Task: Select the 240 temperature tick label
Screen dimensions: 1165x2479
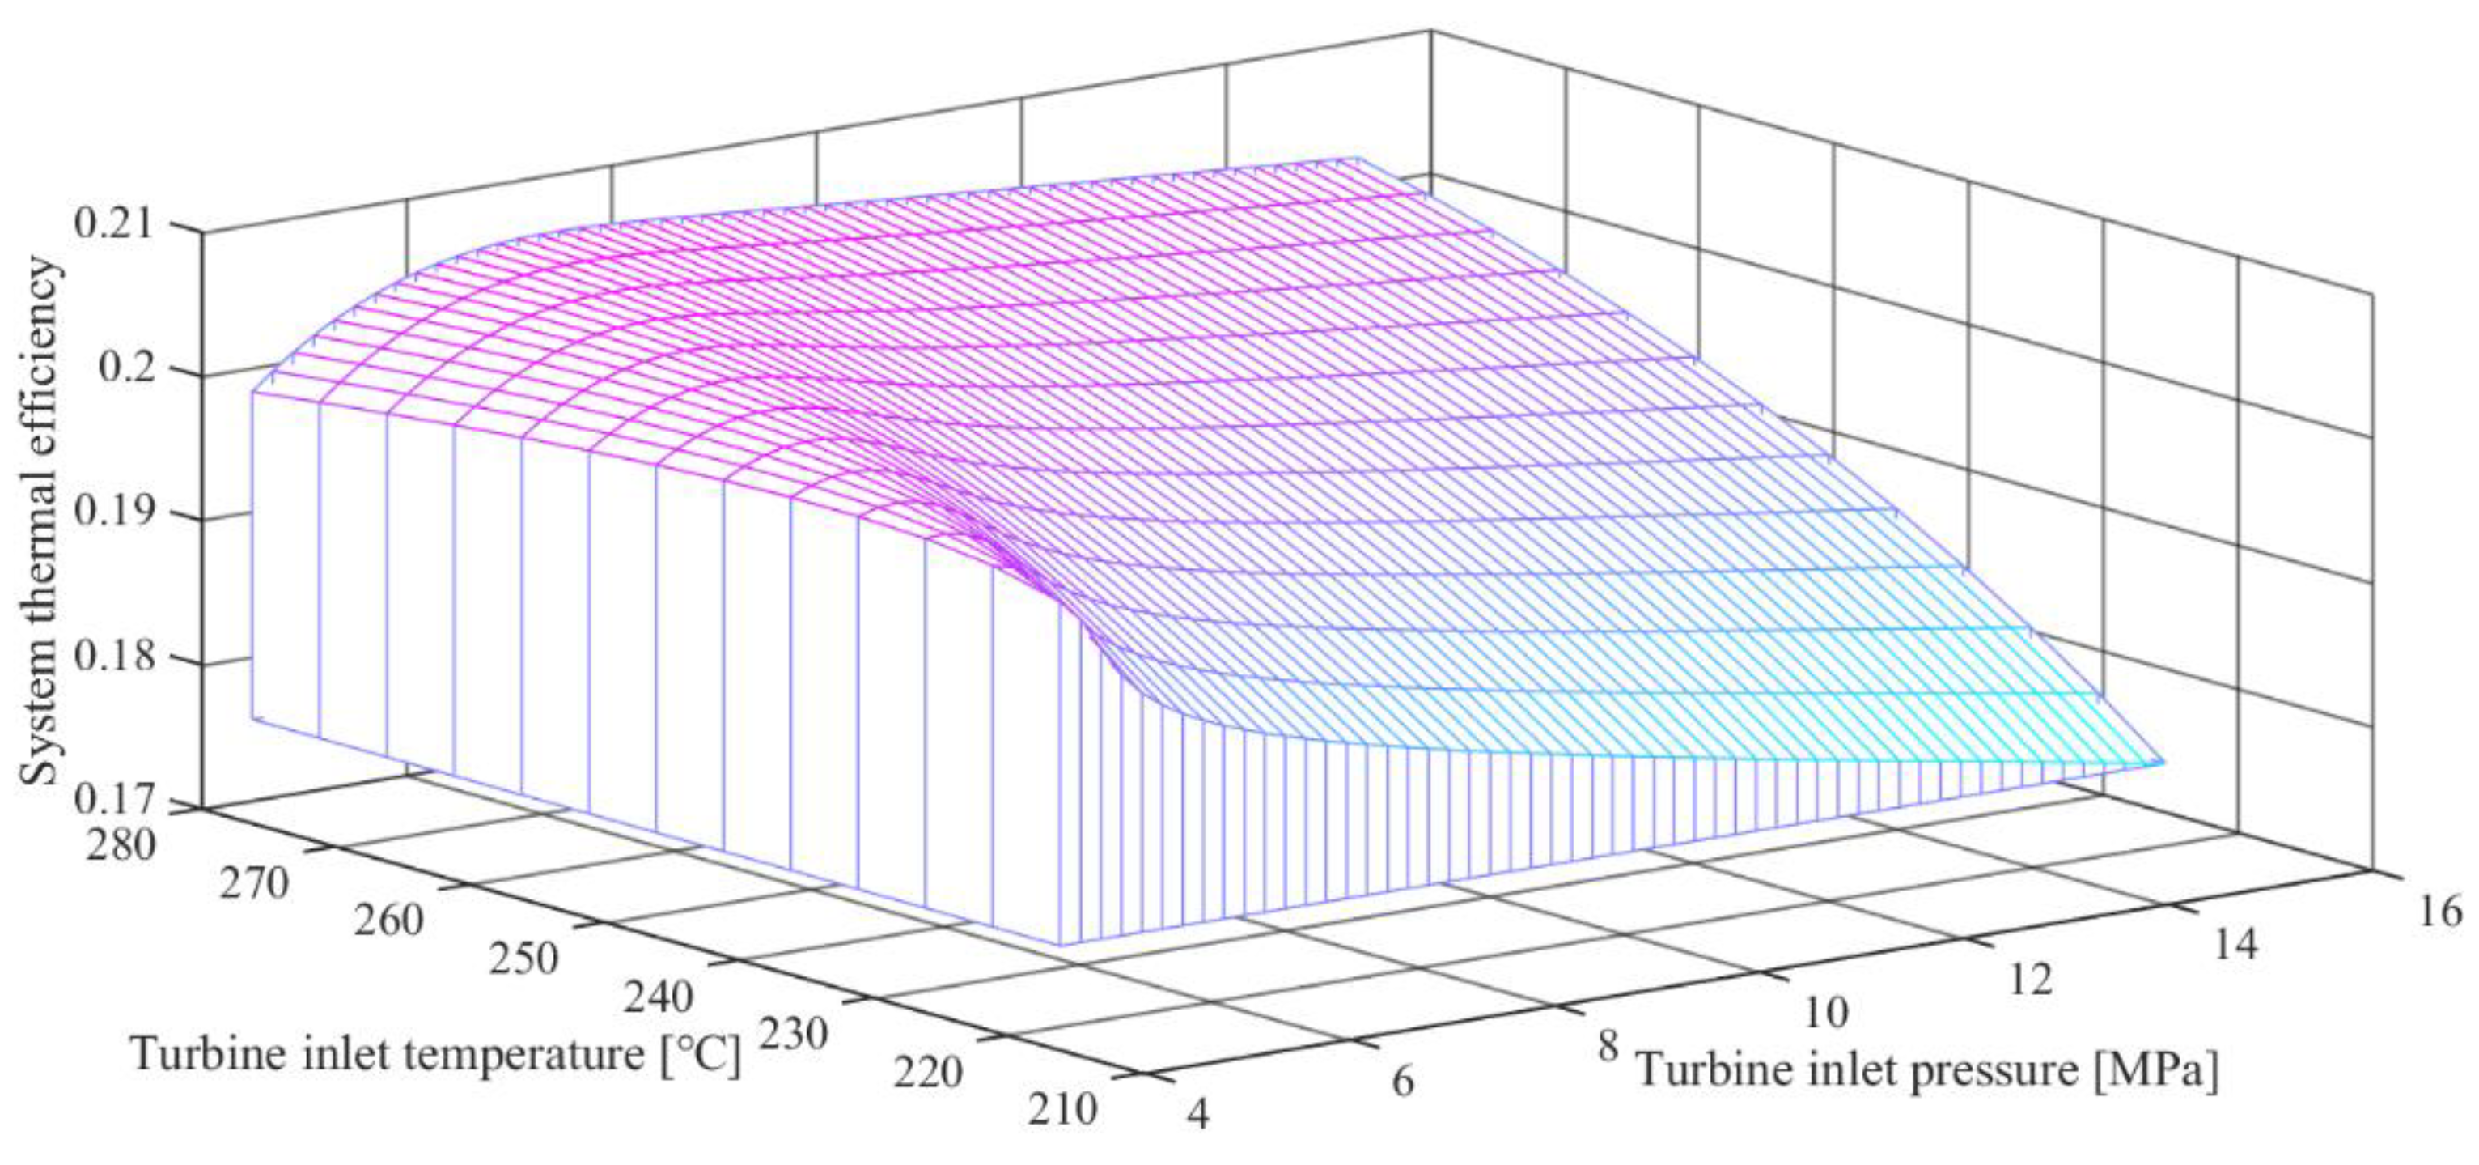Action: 657,997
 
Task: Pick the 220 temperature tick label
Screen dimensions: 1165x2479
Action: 926,1073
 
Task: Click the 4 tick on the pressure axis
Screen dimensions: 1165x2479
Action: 1198,1115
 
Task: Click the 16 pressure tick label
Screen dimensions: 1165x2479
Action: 2439,911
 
